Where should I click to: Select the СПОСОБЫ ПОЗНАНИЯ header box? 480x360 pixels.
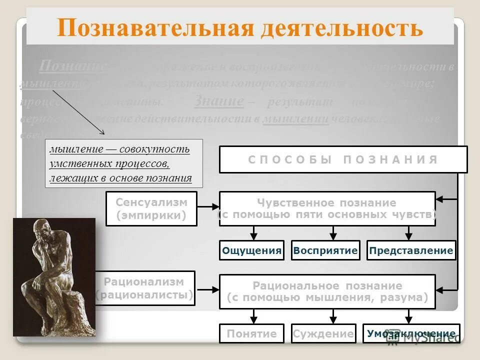pos(343,159)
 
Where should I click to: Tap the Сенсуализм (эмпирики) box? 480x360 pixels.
pos(151,209)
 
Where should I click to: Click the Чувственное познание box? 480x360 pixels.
pos(327,209)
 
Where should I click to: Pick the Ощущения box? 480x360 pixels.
pos(251,250)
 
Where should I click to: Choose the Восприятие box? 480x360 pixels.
pos(325,250)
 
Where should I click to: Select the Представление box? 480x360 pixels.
pos(411,250)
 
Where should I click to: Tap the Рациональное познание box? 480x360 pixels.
pos(327,292)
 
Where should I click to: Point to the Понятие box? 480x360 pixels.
pos(251,333)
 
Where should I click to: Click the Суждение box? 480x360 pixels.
pos(323,333)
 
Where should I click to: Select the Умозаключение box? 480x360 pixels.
pos(410,333)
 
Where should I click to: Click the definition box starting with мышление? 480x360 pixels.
pos(124,163)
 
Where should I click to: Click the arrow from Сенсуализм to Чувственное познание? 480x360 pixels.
pos(208,206)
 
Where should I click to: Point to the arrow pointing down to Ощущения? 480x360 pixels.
pos(254,233)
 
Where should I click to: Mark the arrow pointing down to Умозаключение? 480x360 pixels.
pos(408,316)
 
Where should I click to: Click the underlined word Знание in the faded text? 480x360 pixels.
pos(218,100)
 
